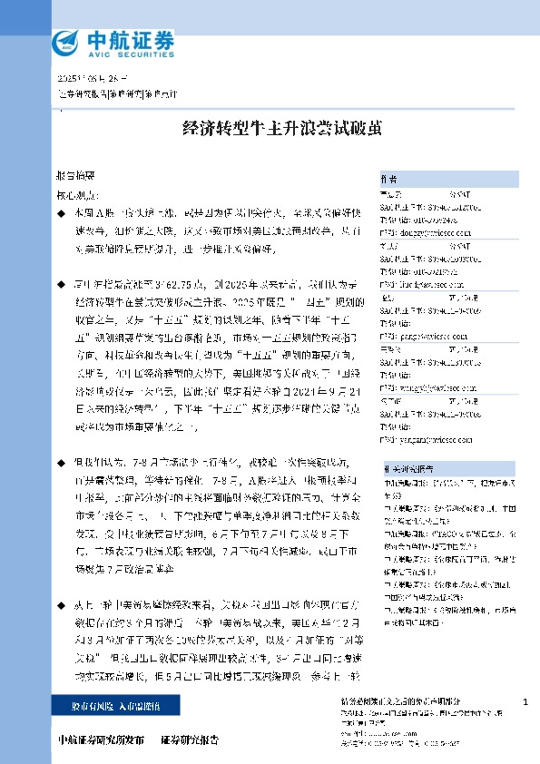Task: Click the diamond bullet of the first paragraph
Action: click(x=60, y=211)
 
